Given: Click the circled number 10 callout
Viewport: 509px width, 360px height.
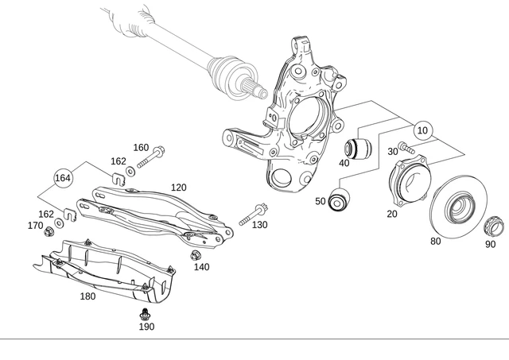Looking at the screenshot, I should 422,130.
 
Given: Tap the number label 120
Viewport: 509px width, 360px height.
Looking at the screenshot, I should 178,187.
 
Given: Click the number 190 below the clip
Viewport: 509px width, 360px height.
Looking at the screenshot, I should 146,327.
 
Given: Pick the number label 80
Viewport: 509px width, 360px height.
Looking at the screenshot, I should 436,241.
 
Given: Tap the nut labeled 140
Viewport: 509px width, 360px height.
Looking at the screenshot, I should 194,254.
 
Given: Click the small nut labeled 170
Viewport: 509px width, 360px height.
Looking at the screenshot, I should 47,232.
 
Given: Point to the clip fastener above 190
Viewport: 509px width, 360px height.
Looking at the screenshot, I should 146,312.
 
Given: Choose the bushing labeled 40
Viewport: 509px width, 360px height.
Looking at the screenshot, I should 358,147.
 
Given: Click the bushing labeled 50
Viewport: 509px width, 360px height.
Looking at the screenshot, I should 340,199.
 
